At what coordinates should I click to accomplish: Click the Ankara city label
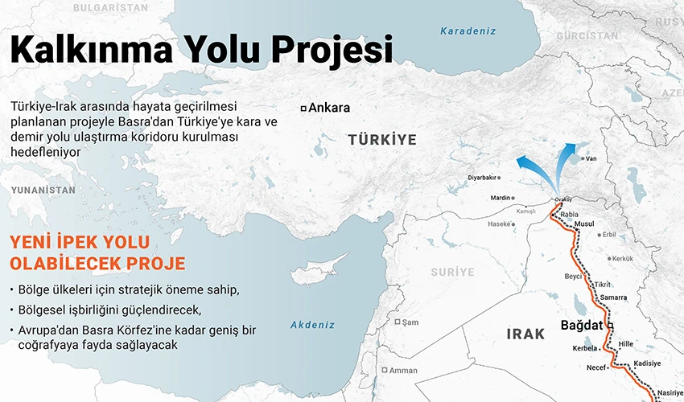click(x=329, y=108)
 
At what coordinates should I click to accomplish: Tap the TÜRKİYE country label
click(x=382, y=140)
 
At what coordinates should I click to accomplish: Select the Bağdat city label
click(x=583, y=326)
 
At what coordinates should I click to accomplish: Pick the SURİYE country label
click(x=452, y=272)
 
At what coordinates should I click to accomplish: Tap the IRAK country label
click(x=526, y=333)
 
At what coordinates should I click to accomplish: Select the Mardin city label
click(x=501, y=198)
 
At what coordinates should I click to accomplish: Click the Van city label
click(x=591, y=159)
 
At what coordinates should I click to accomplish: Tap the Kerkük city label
click(x=623, y=259)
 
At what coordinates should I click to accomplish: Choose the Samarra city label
click(x=613, y=297)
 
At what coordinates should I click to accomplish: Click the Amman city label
click(x=403, y=371)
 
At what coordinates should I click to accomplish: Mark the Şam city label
click(x=410, y=322)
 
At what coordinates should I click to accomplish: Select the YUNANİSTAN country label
click(x=43, y=191)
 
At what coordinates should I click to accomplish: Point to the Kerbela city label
click(x=584, y=348)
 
